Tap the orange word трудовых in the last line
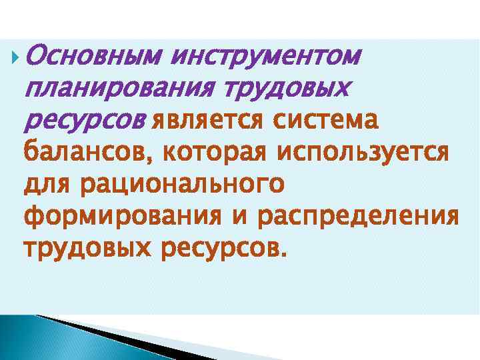coord(87,248)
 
